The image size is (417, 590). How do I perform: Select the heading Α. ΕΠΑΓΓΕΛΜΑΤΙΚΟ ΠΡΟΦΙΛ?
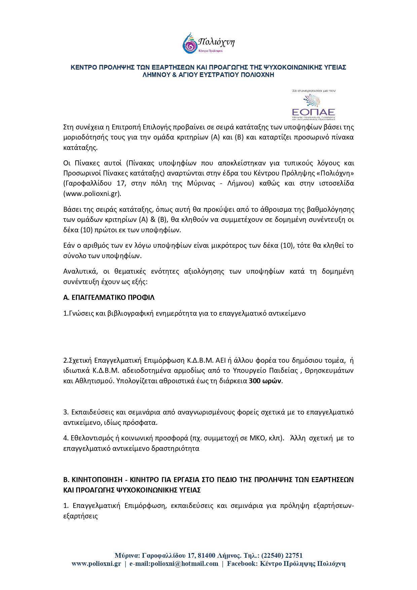point(109,298)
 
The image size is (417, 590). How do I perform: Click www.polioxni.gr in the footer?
point(96,564)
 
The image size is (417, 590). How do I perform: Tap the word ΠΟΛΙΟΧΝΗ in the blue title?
point(258,75)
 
